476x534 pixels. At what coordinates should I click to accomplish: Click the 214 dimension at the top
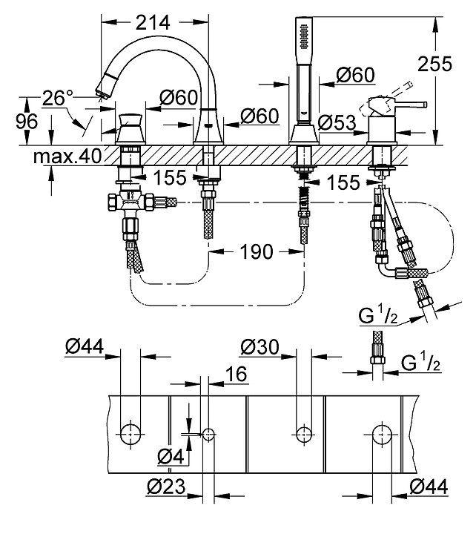coord(152,23)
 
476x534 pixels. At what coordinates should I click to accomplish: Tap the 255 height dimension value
coord(434,63)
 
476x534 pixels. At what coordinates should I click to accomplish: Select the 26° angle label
coord(57,98)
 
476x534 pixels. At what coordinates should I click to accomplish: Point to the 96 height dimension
coord(27,121)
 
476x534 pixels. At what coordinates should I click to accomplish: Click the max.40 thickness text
coord(67,156)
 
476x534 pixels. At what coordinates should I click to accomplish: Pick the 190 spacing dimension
coord(257,252)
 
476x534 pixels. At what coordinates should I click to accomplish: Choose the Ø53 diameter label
coord(337,122)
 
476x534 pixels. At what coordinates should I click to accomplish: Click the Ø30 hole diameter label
coord(260,347)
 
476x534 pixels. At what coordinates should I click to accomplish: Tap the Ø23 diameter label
coord(167,487)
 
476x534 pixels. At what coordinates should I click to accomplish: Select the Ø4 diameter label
coord(171,456)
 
